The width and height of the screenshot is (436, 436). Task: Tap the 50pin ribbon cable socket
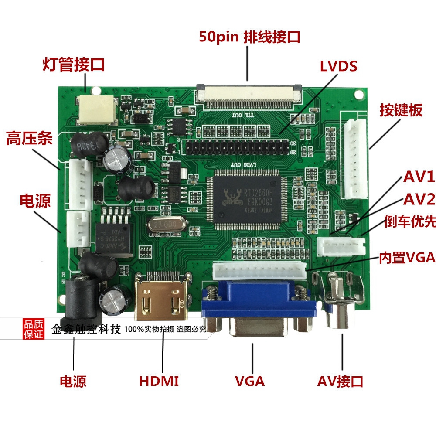pos(249,94)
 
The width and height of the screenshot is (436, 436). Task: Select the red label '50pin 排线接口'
pos(249,37)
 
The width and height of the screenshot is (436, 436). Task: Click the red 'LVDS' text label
pos(338,66)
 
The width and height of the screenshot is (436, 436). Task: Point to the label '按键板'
pos(401,110)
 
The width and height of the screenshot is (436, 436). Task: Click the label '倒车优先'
pos(410,221)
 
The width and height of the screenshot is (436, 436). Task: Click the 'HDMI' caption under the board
pos(159,381)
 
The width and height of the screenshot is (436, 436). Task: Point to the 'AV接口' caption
pos(340,381)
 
